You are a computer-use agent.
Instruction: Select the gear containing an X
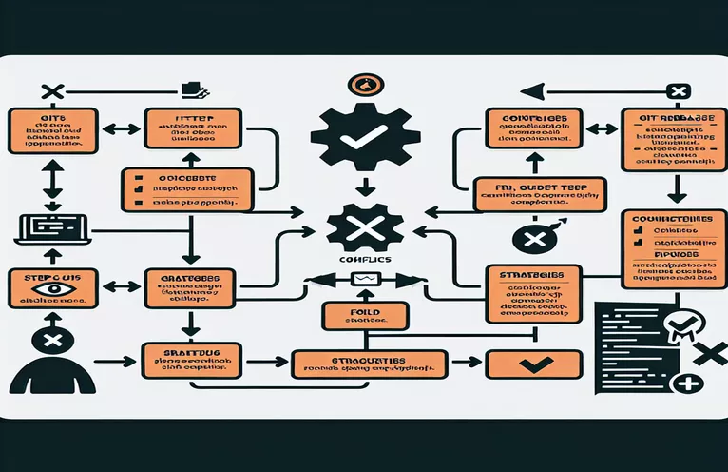pyautogui.click(x=363, y=228)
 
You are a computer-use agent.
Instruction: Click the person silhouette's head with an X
pyautogui.click(x=52, y=340)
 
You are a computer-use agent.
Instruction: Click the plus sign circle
pyautogui.click(x=685, y=385)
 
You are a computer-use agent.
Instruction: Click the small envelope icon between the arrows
pyautogui.click(x=365, y=280)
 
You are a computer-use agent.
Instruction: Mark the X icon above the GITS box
pyautogui.click(x=52, y=92)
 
